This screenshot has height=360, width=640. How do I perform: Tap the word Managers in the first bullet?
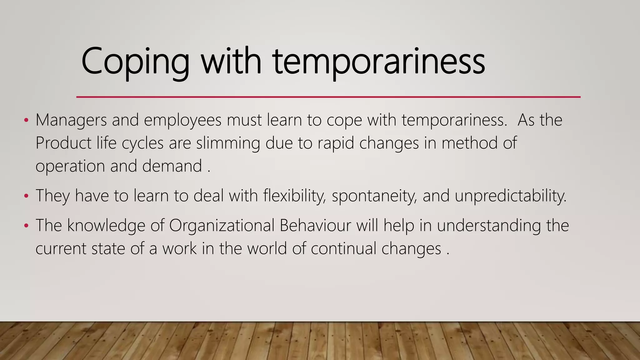click(71, 120)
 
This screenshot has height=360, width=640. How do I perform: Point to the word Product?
click(63, 143)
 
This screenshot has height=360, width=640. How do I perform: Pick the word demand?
click(172, 166)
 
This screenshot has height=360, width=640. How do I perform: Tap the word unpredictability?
click(510, 196)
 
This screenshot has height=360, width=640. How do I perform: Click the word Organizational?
click(222, 225)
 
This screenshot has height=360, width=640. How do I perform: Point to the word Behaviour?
click(315, 225)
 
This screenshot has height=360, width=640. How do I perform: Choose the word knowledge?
click(106, 225)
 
